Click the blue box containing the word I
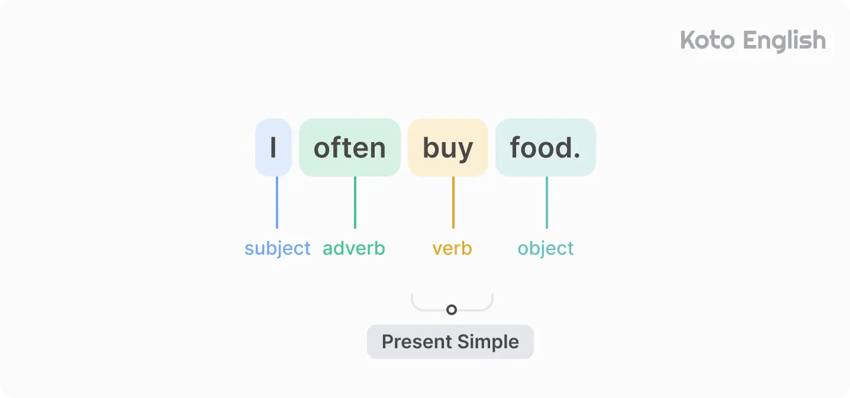pos(273,147)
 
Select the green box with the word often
pos(350,147)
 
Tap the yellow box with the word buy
pos(447,147)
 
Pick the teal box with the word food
pos(545,147)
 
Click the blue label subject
pos(278,248)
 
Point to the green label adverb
pos(354,248)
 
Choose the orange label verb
pos(452,248)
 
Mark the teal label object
pos(546,248)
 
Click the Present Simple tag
pos(450,342)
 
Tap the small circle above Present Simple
pos(452,310)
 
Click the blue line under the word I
pos(277,202)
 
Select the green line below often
pos(355,202)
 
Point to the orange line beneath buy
pos(453,202)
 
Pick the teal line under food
pos(547,202)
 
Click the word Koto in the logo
pos(707,41)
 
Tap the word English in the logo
pos(784,41)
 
